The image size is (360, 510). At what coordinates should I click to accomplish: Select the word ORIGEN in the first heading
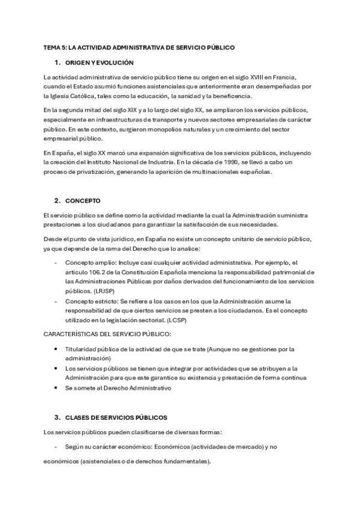(77, 63)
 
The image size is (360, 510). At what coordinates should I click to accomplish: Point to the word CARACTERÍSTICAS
(72, 334)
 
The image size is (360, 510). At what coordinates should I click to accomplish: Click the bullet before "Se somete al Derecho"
(56, 388)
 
